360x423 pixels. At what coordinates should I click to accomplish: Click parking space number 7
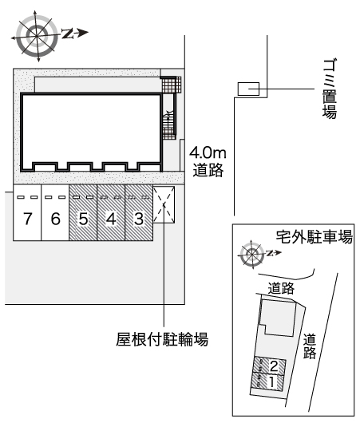(x=27, y=212)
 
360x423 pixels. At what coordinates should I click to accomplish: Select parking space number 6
(x=55, y=212)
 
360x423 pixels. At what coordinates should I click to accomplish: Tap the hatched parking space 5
(x=83, y=212)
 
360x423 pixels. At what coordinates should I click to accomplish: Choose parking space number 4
(x=111, y=212)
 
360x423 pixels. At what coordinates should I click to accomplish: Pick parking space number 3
(x=139, y=212)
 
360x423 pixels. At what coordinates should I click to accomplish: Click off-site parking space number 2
(x=269, y=366)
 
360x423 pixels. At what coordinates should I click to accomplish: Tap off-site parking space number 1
(x=267, y=381)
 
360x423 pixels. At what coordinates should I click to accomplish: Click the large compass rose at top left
(x=37, y=36)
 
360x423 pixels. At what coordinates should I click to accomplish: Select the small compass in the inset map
(x=252, y=254)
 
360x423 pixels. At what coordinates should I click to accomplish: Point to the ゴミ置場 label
(x=330, y=89)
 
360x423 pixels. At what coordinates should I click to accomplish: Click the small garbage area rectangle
(x=248, y=89)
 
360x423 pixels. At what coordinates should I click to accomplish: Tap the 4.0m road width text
(x=208, y=153)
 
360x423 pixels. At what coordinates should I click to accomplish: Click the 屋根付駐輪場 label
(x=162, y=339)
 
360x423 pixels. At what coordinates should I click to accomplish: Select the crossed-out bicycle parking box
(x=164, y=205)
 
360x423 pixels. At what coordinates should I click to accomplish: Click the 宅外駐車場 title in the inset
(x=315, y=237)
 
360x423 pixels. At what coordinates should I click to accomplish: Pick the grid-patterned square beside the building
(x=172, y=85)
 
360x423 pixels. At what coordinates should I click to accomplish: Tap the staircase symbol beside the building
(x=169, y=125)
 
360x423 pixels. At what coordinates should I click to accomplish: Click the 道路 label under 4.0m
(x=208, y=170)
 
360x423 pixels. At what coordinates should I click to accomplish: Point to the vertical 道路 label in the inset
(x=310, y=346)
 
